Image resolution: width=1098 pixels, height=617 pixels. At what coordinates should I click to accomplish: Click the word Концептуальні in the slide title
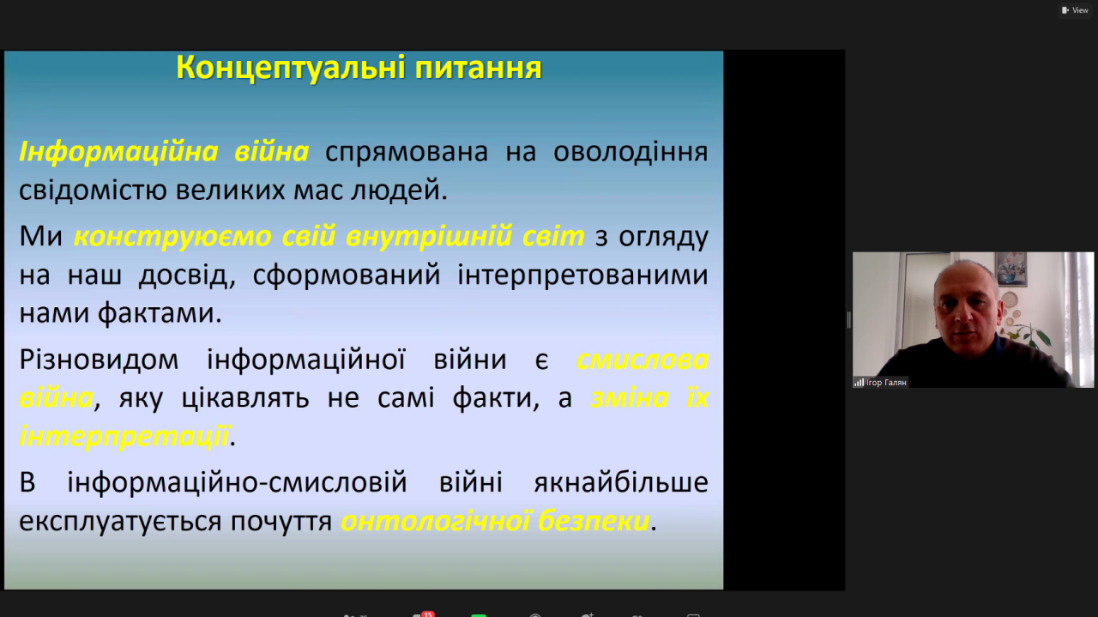291,68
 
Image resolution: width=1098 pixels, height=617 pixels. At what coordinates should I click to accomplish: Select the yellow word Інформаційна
118,151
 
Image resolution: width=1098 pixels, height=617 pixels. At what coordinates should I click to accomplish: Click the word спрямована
407,153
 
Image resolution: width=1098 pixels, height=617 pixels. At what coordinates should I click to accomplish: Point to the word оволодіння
630,153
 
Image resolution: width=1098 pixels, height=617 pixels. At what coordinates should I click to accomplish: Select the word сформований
347,275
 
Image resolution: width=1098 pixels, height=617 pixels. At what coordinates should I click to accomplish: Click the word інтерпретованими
582,275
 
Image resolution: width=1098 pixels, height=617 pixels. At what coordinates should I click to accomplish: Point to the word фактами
160,313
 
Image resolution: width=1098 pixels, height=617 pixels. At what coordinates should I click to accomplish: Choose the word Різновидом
99,360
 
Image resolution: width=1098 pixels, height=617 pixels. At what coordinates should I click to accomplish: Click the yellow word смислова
643,360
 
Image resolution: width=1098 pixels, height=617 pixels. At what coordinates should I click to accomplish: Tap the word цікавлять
245,398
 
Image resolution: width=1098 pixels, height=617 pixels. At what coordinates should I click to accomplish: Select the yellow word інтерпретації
124,436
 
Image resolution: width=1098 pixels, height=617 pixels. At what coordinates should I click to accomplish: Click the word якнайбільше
621,482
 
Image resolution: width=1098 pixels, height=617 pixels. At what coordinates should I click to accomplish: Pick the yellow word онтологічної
435,521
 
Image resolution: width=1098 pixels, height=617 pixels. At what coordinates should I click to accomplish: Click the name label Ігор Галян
886,383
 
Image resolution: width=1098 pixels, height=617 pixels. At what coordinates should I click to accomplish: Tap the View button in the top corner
1075,10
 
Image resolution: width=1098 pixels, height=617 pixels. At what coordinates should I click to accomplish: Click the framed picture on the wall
1011,268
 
